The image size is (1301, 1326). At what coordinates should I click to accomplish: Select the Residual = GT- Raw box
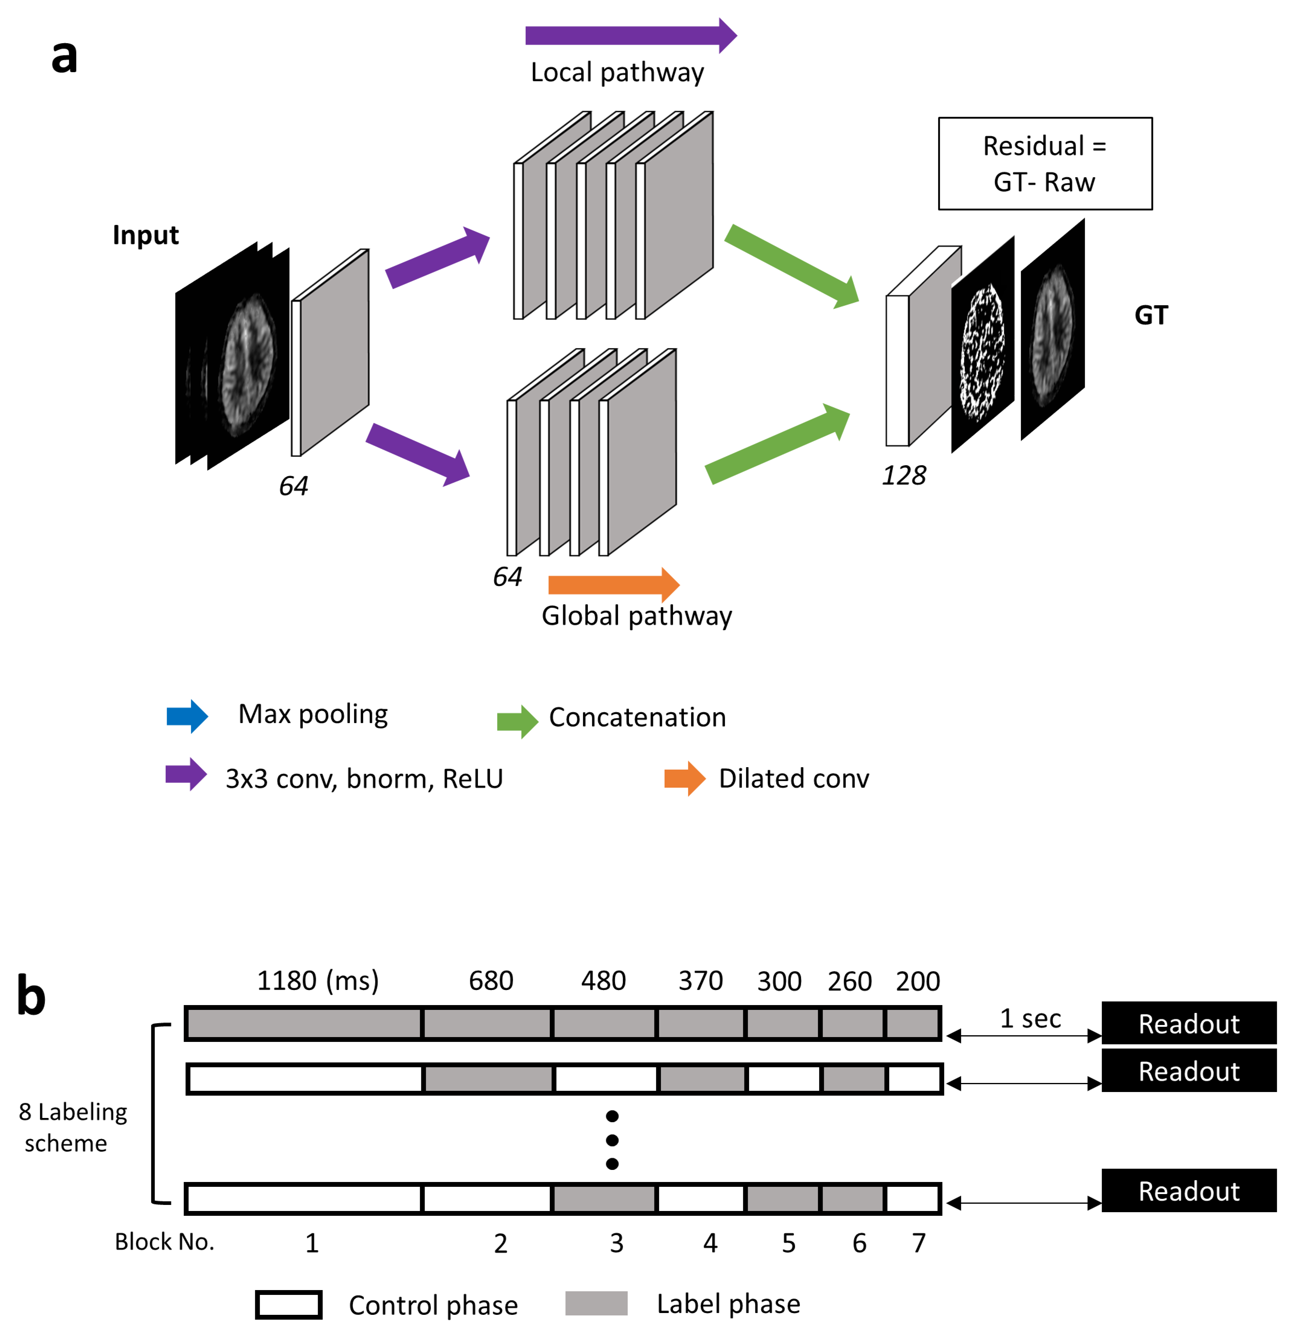coord(1045,164)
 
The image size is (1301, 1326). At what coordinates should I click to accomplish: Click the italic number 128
coord(903,476)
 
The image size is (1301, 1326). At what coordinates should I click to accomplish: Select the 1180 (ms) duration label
coord(318,981)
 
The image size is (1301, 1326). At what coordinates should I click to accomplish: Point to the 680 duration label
coord(491,981)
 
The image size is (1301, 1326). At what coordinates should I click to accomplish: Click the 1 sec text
coord(1030,1019)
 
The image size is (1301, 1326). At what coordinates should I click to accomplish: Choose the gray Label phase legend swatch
coord(596,1303)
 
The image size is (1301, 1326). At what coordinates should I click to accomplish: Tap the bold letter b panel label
coord(31,996)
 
